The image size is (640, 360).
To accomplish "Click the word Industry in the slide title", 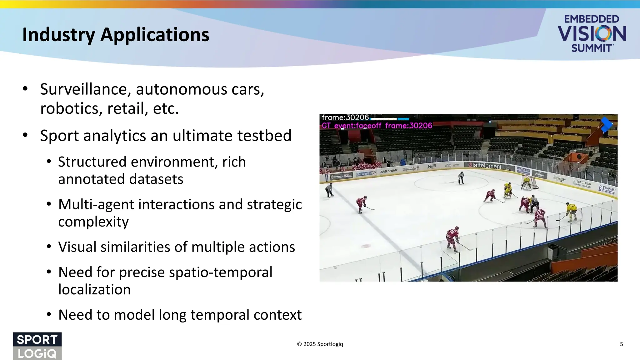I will [58, 35].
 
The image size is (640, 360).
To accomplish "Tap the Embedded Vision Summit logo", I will [592, 33].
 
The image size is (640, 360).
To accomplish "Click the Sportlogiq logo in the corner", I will [37, 346].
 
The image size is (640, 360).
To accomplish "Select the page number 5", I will [621, 344].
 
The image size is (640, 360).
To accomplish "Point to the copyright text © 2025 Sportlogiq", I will [320, 344].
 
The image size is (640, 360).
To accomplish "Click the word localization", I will [94, 289].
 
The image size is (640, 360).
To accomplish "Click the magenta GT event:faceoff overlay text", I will [377, 126].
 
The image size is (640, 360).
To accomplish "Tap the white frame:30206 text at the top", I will [345, 117].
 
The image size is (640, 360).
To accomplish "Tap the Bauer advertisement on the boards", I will [389, 171].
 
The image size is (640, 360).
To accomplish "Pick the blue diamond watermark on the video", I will [607, 124].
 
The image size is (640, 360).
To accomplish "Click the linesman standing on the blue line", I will [329, 190].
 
